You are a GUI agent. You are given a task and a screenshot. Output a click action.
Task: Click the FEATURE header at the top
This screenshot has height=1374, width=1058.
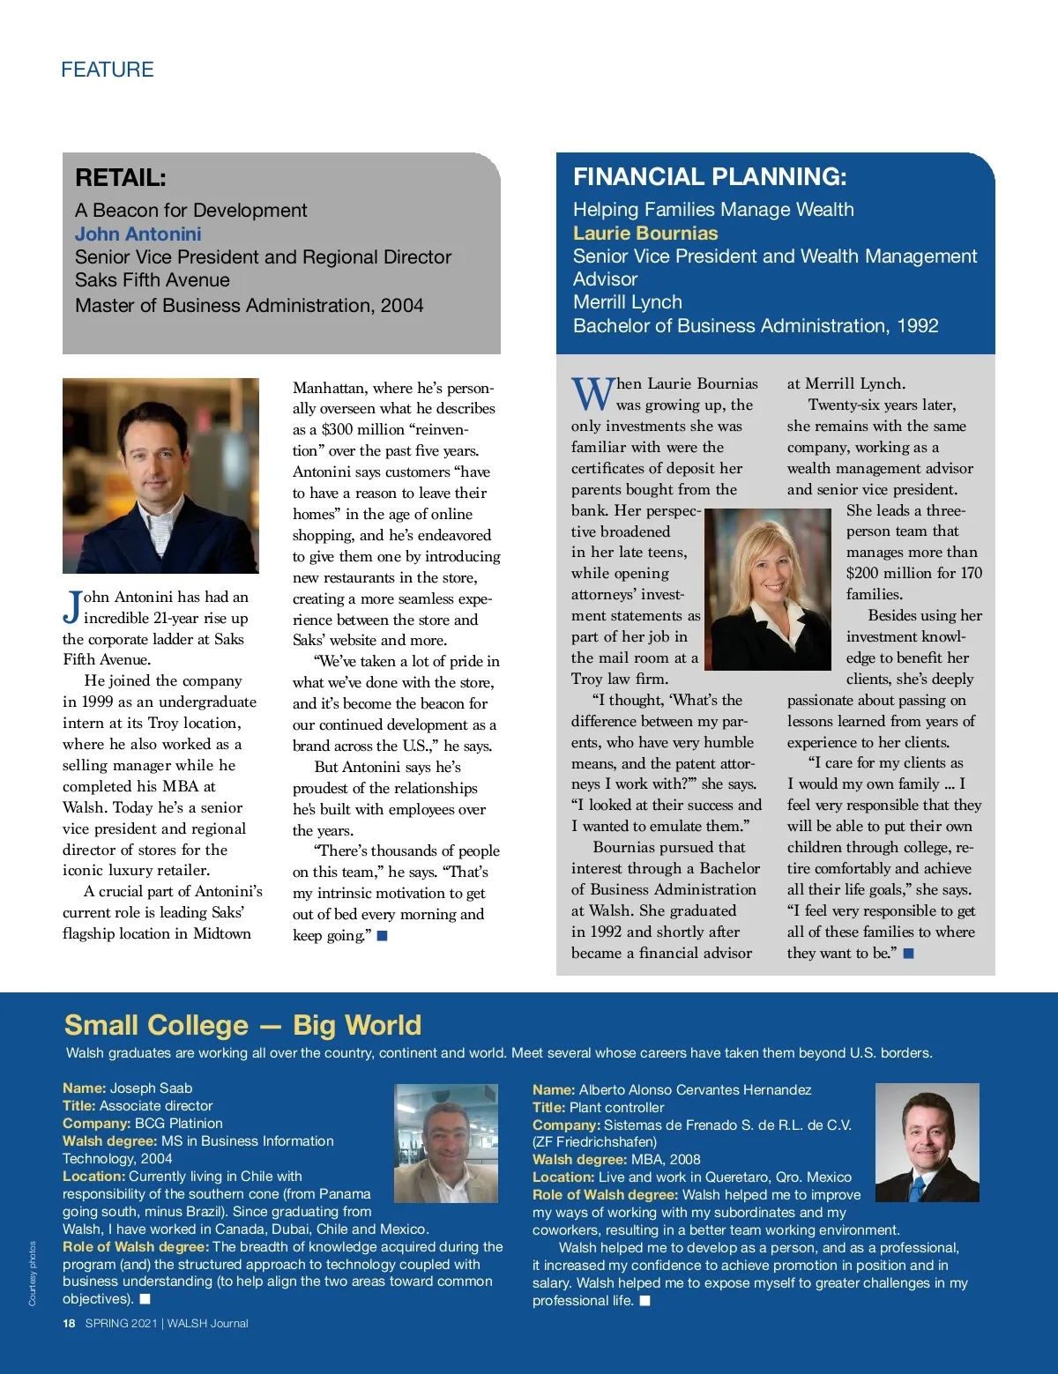(108, 70)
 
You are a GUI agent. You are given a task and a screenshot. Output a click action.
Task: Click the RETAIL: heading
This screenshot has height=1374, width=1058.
(121, 178)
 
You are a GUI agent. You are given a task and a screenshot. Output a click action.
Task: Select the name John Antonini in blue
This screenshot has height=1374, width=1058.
(138, 234)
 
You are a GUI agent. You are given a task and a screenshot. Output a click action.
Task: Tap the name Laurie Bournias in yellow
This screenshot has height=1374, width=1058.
(645, 234)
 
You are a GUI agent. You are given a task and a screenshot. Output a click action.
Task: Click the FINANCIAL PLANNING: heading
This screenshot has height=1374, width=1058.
(710, 177)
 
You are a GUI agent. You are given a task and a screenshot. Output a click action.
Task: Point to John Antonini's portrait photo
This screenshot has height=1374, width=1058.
(160, 476)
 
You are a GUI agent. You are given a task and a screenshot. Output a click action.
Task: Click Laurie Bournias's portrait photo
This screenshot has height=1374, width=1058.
(768, 590)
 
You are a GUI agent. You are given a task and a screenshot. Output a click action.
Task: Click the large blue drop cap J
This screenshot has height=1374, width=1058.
(72, 606)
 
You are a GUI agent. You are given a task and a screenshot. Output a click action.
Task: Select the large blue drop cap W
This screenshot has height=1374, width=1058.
(592, 394)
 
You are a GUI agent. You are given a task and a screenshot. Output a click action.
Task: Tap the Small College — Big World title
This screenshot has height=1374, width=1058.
(242, 1025)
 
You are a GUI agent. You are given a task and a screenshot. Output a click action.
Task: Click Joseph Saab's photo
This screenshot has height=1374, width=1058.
(446, 1143)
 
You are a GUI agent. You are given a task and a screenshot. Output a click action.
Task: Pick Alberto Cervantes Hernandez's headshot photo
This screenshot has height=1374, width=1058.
(927, 1142)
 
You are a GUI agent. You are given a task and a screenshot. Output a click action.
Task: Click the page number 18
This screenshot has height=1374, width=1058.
(69, 1323)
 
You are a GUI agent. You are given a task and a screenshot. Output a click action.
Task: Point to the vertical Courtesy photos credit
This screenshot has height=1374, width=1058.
(33, 1273)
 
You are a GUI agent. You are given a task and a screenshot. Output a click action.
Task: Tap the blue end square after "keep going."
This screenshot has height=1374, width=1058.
(383, 936)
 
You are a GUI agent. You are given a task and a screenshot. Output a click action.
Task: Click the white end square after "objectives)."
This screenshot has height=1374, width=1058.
(145, 1299)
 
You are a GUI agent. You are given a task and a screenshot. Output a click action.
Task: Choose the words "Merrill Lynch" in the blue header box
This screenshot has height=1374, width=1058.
(628, 302)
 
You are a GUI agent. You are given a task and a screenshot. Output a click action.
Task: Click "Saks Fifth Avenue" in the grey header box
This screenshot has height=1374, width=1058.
(153, 280)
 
